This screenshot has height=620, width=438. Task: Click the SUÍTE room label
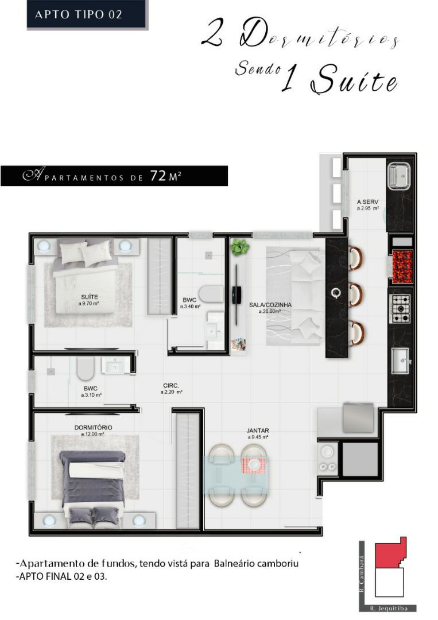tap(90, 297)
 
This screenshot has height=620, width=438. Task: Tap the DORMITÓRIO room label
tap(94, 428)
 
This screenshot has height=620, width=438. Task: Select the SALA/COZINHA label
tap(270, 305)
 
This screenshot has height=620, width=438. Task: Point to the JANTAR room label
tap(258, 431)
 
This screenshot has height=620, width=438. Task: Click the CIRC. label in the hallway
tap(171, 386)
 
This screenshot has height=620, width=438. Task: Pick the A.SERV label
tap(367, 201)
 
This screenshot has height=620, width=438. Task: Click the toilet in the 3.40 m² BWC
tap(211, 294)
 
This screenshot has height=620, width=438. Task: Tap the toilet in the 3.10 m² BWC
tap(84, 369)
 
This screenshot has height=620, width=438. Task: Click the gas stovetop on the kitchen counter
tap(400, 309)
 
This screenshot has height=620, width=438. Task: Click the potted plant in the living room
tap(240, 247)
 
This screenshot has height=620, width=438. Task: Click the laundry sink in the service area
tap(399, 176)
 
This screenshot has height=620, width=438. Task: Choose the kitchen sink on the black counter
tap(401, 360)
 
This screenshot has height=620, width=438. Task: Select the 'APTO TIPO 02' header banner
tap(87, 14)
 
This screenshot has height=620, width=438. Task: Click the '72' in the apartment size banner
tap(158, 176)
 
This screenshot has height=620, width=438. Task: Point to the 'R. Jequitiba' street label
tap(388, 608)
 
